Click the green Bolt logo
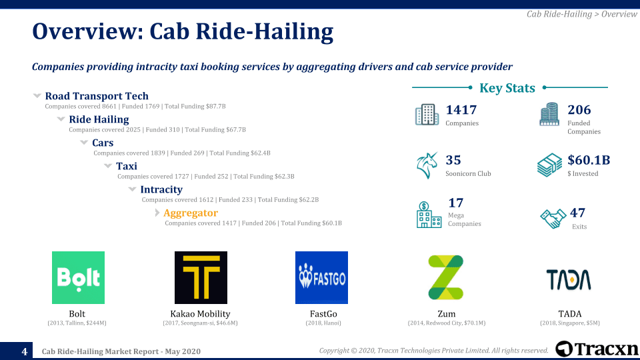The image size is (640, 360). tap(78, 277)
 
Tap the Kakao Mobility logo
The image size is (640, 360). tap(201, 277)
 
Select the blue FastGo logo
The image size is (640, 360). tap(321, 277)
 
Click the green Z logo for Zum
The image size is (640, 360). tap(446, 277)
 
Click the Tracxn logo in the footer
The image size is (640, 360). tap(597, 349)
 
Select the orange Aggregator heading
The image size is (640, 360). tap(191, 213)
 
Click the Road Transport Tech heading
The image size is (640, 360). tap(97, 96)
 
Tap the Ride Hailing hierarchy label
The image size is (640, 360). tap(99, 119)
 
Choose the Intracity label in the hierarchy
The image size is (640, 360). tap(161, 189)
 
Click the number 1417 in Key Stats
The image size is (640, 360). tap(461, 110)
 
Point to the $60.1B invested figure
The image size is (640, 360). tap(589, 160)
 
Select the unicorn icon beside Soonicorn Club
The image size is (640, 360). tap(427, 165)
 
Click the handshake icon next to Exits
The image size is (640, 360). tap(553, 217)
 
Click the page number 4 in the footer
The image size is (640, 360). tap(25, 351)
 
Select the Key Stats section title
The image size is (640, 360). tap(507, 88)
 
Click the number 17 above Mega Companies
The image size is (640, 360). tap(456, 203)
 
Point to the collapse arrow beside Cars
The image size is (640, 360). tap(84, 143)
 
